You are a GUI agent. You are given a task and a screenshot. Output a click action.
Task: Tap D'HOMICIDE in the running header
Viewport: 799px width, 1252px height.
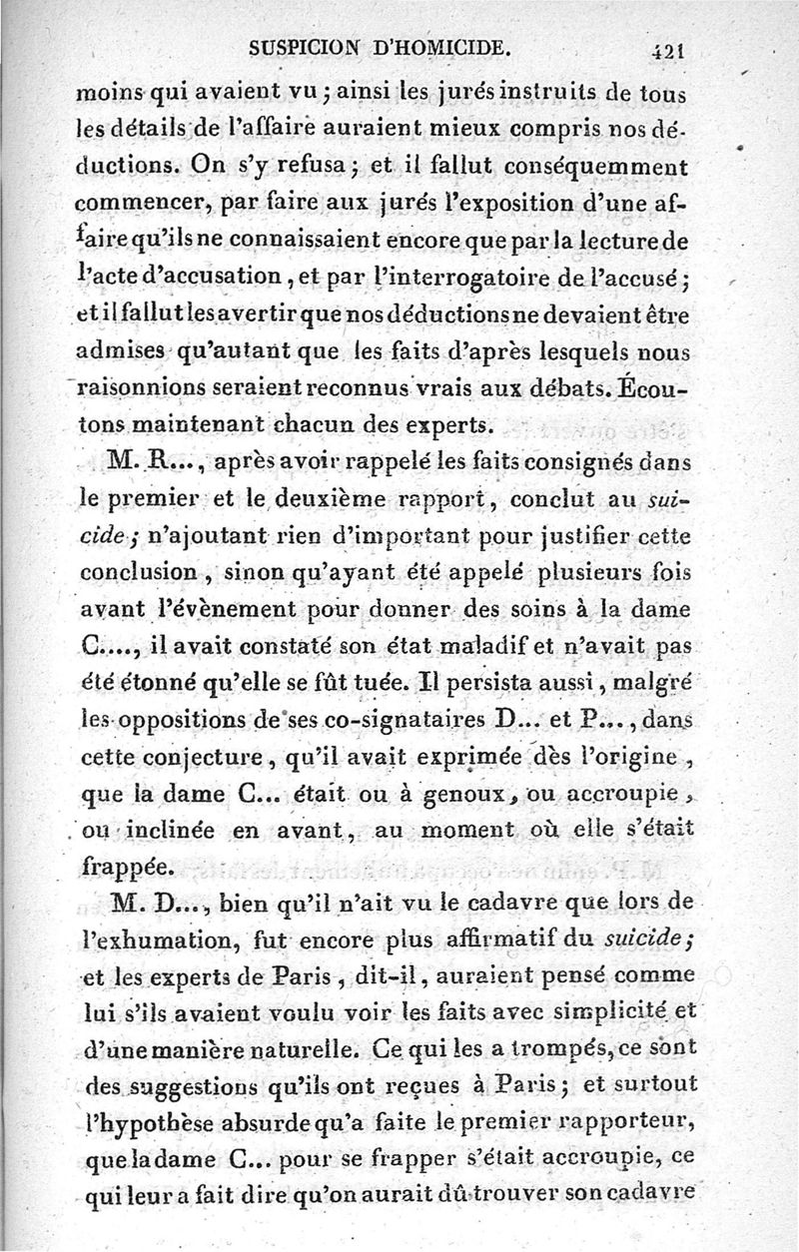click(x=461, y=46)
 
